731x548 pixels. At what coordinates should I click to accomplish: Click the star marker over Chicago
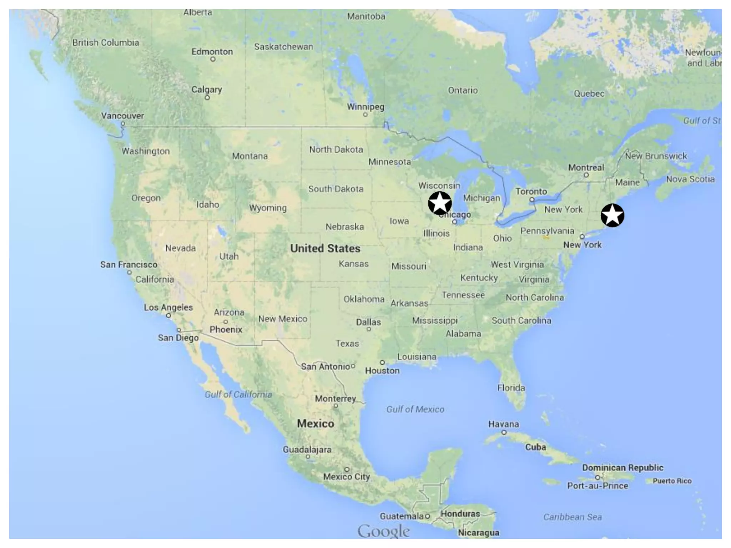pos(440,203)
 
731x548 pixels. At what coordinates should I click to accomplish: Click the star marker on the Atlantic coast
pos(612,215)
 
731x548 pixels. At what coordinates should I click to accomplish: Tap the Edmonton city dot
pos(213,59)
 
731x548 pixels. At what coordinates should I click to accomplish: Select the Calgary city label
pos(207,89)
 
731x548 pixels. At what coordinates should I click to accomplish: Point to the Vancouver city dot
pos(123,124)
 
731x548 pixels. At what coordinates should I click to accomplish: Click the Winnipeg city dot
pos(365,115)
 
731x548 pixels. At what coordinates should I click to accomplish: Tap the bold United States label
pos(325,248)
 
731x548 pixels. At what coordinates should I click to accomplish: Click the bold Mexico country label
pos(316,423)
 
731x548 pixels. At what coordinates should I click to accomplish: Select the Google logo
pos(384,531)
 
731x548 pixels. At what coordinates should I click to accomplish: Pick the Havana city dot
pos(504,432)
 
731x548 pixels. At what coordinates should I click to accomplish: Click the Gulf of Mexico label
pos(415,409)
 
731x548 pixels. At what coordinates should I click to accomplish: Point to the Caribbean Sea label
pos(573,517)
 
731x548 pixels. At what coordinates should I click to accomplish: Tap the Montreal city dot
pos(586,175)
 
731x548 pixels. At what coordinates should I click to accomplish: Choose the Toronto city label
pos(531,192)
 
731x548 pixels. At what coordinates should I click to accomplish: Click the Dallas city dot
pos(369,329)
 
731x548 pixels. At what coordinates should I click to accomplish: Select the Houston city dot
pos(382,362)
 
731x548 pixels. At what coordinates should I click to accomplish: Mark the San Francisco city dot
pos(129,273)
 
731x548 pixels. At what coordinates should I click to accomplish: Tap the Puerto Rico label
pos(672,481)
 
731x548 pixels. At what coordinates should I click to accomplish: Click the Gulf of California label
pos(238,395)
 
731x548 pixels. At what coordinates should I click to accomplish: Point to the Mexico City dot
pos(347,469)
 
